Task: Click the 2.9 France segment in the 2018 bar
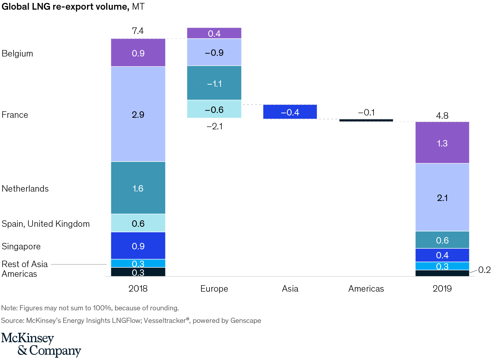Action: [x=138, y=114]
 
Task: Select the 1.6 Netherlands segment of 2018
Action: [x=138, y=188]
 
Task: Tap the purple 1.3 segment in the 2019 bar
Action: [x=442, y=143]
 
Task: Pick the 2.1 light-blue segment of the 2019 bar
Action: [x=442, y=197]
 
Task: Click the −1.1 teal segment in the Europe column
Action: [x=214, y=83]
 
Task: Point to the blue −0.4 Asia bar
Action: [x=290, y=112]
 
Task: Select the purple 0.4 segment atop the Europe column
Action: [x=214, y=33]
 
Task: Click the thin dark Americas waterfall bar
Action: [x=366, y=120]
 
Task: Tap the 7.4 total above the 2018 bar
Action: [x=138, y=31]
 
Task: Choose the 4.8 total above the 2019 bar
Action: [x=442, y=115]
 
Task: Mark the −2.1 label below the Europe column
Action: [x=215, y=126]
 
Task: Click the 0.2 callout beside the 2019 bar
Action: [x=484, y=270]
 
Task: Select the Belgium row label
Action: [x=17, y=54]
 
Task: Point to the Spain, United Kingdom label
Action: [x=46, y=224]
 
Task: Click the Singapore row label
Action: [x=21, y=246]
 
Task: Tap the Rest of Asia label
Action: [x=25, y=264]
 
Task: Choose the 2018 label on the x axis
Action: [x=138, y=289]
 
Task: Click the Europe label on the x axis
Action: [x=214, y=289]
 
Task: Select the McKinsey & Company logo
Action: [x=41, y=345]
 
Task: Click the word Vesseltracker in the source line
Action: [x=164, y=321]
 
